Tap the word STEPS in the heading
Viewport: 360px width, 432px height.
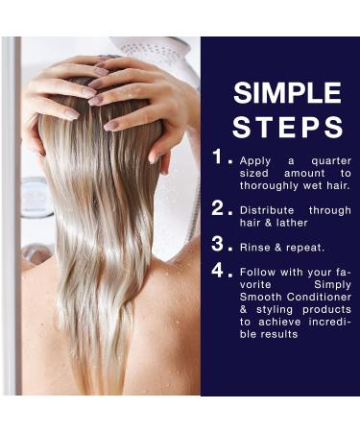[x=288, y=127]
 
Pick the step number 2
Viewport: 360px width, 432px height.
[x=219, y=207]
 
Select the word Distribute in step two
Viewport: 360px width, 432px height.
[x=268, y=208]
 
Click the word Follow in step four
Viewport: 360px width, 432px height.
[x=260, y=272]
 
